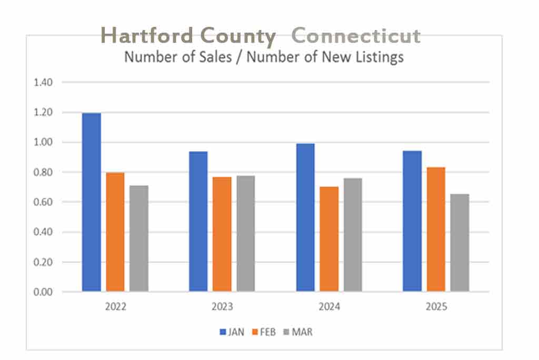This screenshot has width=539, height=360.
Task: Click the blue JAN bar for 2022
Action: tap(92, 202)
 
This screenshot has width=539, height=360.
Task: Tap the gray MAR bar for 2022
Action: tap(139, 238)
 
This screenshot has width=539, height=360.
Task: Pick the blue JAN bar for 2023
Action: tap(198, 222)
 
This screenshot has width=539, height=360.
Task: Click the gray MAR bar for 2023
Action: tap(245, 234)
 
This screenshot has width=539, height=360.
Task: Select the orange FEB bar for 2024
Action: tap(329, 239)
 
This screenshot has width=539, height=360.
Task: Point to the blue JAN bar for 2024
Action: tap(305, 217)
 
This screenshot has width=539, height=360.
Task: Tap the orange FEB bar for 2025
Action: tap(436, 229)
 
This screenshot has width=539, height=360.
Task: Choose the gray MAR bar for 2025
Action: tap(460, 243)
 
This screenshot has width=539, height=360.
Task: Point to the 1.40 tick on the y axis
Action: tap(44, 83)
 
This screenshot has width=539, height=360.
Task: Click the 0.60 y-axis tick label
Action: tap(44, 202)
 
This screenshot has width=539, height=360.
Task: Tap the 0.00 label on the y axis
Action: tap(44, 292)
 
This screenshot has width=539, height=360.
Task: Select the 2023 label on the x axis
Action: tap(222, 307)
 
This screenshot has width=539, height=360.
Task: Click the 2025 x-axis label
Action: tap(436, 307)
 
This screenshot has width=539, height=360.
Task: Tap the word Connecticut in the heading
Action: tap(356, 36)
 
